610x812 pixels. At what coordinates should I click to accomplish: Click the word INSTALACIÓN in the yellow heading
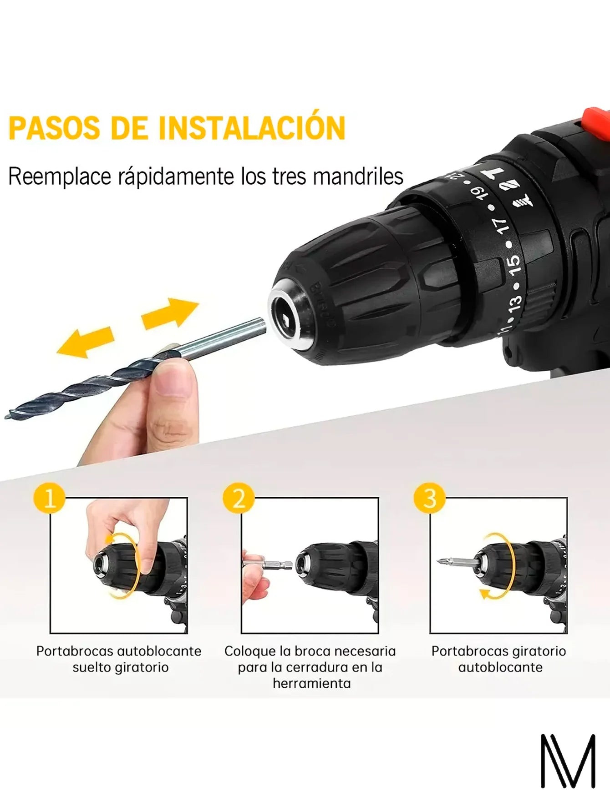[x=252, y=128]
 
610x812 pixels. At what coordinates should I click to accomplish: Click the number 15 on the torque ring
[x=513, y=265]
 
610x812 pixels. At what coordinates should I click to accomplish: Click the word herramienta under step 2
[x=312, y=683]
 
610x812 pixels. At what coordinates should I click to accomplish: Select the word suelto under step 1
[x=91, y=667]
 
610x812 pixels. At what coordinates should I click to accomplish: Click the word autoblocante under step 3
[x=500, y=667]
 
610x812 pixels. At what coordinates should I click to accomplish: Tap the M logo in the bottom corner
[x=568, y=761]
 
